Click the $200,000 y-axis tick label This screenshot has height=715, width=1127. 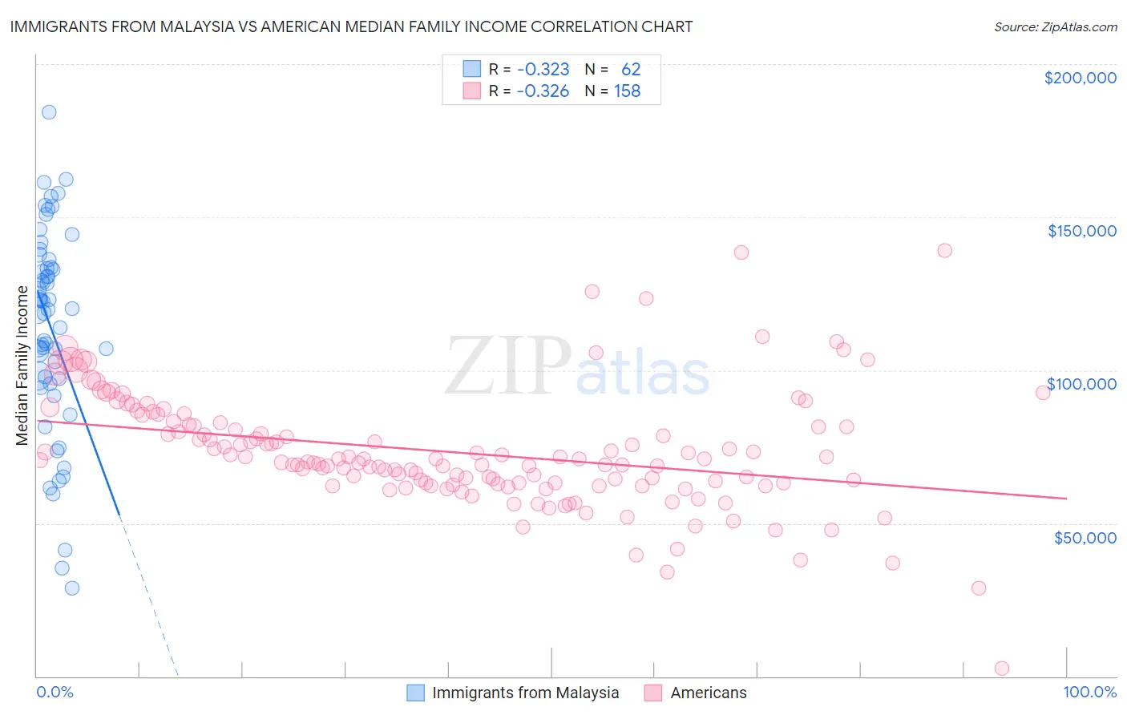point(1080,78)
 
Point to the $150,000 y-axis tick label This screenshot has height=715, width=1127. point(1081,231)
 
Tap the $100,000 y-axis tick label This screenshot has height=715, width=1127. point(1081,384)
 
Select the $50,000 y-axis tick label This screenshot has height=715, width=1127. point(1085,537)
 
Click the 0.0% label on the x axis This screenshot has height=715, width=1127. point(55,692)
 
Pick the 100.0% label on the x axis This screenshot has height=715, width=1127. point(1089,692)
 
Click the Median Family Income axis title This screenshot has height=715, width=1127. point(22,366)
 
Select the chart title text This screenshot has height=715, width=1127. point(351,26)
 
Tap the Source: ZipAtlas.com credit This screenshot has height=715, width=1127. point(1055,26)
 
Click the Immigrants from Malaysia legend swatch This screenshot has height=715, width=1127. point(415,693)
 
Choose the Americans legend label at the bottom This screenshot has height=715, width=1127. point(708,693)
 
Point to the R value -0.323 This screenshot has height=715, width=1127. point(543,69)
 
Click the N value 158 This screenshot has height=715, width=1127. point(627,91)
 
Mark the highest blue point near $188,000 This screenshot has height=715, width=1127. point(49,112)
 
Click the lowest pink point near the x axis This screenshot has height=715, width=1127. point(1001,669)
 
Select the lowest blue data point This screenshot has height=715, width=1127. point(72,588)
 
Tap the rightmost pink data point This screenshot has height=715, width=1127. point(1043,393)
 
